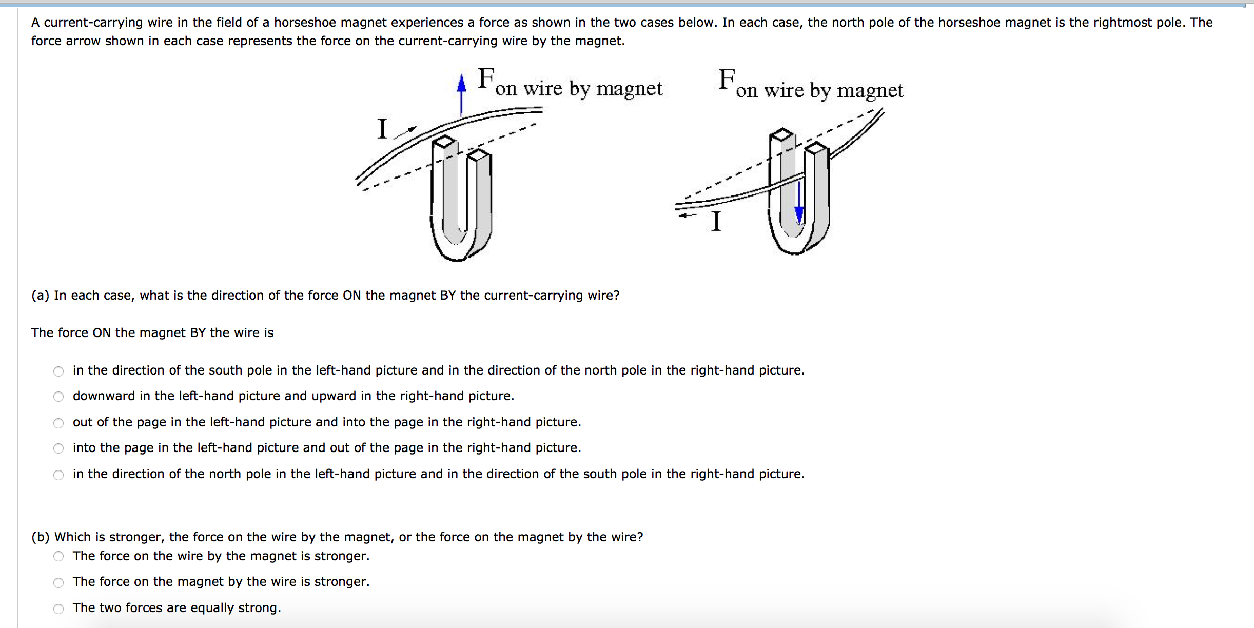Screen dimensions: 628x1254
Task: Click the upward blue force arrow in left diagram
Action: click(x=461, y=94)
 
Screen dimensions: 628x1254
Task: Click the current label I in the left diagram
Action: click(x=382, y=128)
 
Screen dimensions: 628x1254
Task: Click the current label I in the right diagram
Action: click(x=716, y=222)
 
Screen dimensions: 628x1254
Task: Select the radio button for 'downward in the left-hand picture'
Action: click(x=58, y=397)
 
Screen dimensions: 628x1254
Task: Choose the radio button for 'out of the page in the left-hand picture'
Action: click(x=58, y=423)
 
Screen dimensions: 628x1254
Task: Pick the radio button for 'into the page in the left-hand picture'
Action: click(x=58, y=448)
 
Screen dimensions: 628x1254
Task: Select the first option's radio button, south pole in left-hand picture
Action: click(x=58, y=371)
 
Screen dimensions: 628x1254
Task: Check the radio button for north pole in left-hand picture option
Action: click(x=58, y=475)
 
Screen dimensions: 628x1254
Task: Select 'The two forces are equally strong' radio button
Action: click(x=58, y=609)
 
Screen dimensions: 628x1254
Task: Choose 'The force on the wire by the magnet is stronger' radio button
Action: click(x=58, y=556)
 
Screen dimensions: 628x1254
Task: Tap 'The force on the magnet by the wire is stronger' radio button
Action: click(x=58, y=582)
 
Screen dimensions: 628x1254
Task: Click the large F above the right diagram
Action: click(x=727, y=79)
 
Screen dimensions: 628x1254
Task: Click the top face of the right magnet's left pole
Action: click(x=781, y=134)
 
